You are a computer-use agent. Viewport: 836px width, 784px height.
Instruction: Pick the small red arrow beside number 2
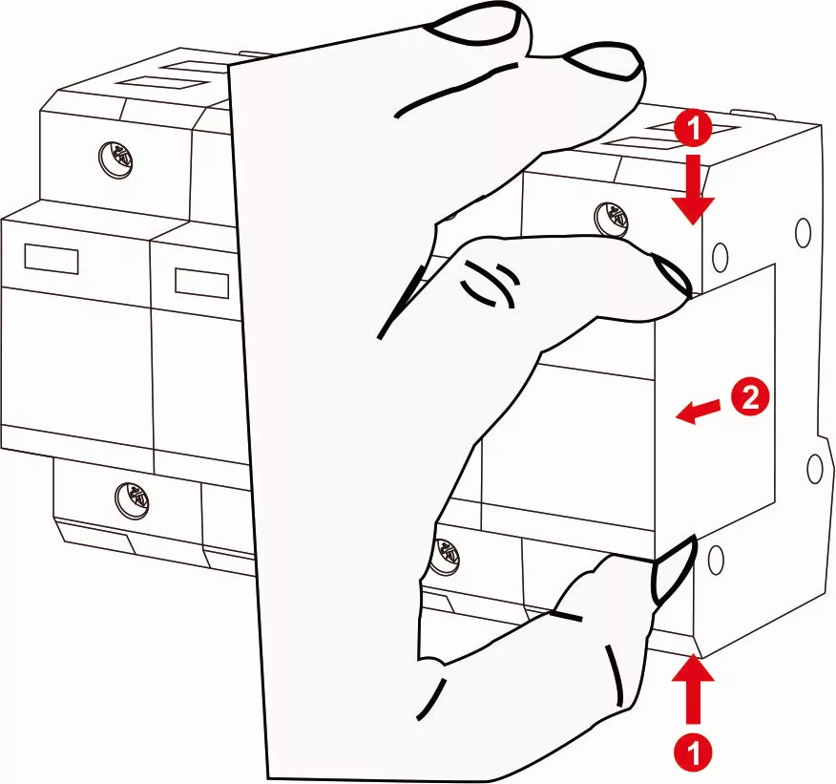point(695,410)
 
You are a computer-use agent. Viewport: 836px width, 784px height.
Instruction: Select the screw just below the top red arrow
point(609,217)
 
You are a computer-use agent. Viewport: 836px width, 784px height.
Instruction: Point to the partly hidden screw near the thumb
point(445,551)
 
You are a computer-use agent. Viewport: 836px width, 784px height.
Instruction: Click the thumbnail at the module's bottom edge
point(672,569)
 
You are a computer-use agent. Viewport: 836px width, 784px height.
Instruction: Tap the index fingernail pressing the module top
point(672,279)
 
